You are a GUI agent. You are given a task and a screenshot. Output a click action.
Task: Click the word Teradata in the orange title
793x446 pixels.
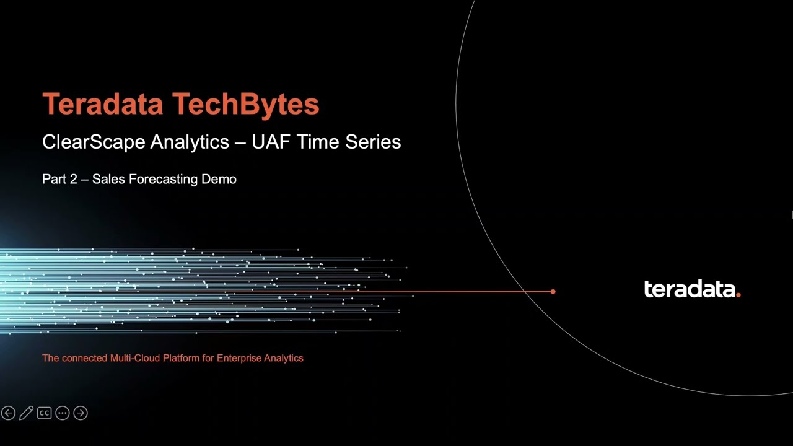(103, 105)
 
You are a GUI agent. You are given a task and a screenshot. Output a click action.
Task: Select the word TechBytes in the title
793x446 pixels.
(245, 105)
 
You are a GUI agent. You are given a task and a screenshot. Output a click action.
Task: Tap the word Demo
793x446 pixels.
(219, 180)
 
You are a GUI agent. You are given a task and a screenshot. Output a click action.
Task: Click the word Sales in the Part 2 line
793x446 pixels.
(106, 180)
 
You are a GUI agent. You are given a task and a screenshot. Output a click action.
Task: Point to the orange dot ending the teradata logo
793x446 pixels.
(738, 295)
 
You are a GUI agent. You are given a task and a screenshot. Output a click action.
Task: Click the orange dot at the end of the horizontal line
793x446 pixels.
(553, 291)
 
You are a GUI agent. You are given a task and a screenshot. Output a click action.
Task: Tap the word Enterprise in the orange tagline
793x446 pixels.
(239, 358)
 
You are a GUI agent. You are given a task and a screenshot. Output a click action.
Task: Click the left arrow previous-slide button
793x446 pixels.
(8, 413)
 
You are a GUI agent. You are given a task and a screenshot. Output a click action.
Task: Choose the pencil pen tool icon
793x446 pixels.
(26, 413)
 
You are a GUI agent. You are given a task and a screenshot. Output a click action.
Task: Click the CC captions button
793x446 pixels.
(44, 413)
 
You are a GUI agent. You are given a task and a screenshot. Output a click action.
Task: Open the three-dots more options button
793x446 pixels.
(62, 413)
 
